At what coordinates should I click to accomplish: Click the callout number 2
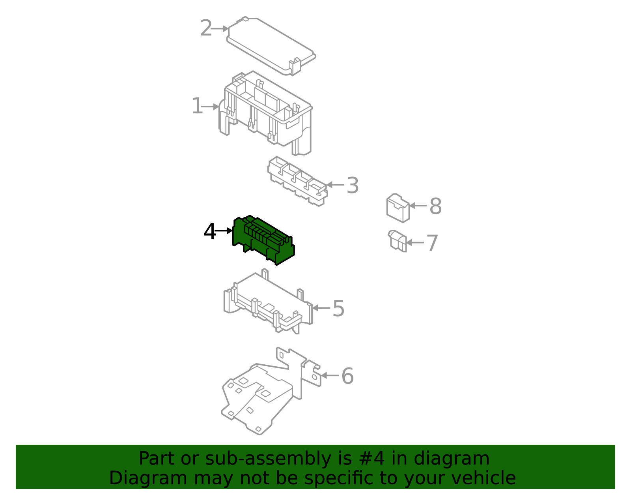206,28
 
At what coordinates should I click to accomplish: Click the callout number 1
197,107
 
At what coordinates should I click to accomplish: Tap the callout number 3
352,186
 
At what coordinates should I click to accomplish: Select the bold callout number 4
210,232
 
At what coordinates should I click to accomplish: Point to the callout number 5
338,309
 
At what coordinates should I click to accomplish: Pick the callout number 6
347,376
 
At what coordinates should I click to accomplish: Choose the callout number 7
433,243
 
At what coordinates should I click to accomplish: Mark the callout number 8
435,206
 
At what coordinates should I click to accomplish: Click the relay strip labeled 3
298,182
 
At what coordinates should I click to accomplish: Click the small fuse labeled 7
398,241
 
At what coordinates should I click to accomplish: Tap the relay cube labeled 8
398,208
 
